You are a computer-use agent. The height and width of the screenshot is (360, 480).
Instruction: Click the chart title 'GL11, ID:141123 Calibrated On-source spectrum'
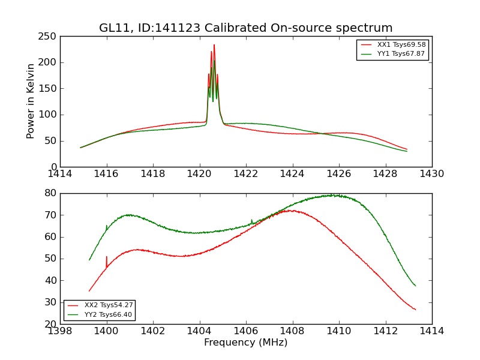tap(246, 28)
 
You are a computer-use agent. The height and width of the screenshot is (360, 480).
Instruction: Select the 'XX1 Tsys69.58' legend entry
tap(401, 45)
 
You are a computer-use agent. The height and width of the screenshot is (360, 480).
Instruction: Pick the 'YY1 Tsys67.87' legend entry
tap(401, 54)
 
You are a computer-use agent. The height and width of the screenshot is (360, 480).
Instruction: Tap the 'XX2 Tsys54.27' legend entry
tap(109, 305)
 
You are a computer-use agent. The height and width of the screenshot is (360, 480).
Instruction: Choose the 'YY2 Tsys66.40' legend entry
tap(109, 314)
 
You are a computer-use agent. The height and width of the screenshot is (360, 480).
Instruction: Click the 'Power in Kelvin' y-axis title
tap(31, 101)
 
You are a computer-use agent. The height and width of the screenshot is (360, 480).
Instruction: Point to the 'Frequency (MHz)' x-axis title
tap(246, 343)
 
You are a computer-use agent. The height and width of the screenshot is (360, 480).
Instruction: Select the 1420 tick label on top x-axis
tap(200, 174)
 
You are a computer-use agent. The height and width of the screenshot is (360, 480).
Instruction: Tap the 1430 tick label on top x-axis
tap(432, 174)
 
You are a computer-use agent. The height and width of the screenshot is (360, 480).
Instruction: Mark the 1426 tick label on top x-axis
tap(339, 174)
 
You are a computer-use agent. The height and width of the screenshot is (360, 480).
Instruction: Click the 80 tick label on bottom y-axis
tap(50, 193)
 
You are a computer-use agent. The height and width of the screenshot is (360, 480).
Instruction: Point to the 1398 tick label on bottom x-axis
tap(60, 331)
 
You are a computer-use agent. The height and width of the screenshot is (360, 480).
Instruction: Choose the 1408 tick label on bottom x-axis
tap(292, 331)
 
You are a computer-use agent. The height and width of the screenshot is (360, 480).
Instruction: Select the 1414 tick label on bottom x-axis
tap(432, 331)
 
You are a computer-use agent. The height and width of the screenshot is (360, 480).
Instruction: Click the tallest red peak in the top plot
tap(214, 46)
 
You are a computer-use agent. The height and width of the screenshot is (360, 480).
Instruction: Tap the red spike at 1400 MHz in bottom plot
tap(107, 258)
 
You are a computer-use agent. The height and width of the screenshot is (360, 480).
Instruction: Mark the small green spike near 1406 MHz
tap(252, 221)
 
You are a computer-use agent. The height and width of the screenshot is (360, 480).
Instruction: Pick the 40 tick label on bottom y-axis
tap(50, 280)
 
